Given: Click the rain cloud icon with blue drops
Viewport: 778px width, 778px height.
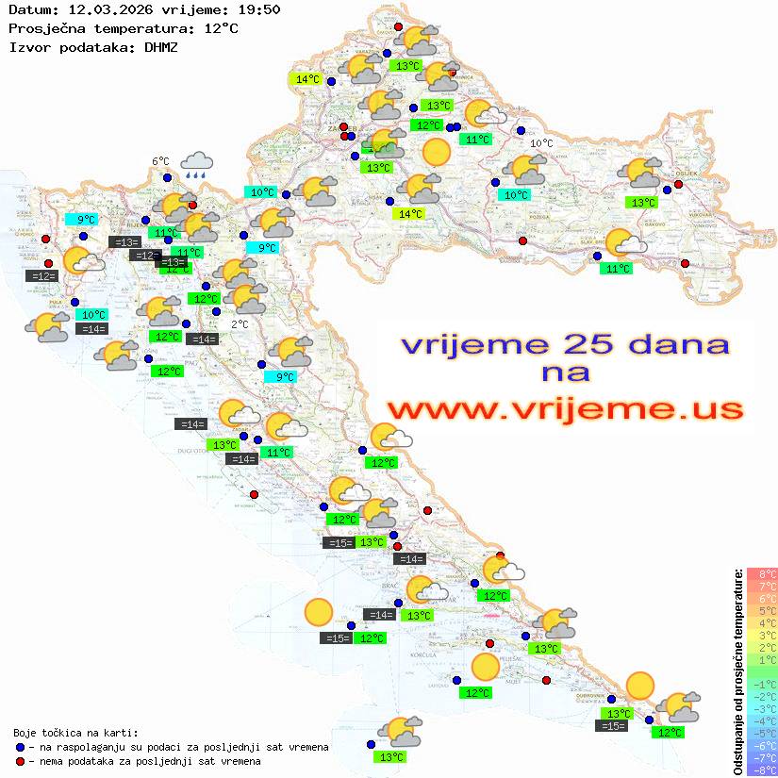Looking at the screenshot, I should point(196,165).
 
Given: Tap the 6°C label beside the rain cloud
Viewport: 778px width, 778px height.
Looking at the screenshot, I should point(160,161).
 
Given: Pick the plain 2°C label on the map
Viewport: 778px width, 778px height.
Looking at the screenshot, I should point(240,323).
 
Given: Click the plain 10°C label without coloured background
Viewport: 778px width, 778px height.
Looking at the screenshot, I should point(541,143).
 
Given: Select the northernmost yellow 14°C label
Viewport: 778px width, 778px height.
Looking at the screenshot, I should point(307,79).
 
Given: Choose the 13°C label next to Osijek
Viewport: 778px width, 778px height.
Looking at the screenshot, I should point(643,203).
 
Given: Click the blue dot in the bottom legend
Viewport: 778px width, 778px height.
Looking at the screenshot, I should point(20,747).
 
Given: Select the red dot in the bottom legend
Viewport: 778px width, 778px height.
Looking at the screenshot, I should point(20,761).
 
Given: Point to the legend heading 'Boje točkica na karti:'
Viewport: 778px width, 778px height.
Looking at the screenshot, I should point(75,732).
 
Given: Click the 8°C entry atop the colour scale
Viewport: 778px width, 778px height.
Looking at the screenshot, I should point(762,574).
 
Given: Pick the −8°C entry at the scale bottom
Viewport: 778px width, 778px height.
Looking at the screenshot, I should point(762,770).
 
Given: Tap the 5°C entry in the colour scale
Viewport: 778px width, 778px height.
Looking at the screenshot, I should point(762,610).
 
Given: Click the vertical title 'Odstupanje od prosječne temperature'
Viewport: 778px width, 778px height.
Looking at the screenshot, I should point(737,671).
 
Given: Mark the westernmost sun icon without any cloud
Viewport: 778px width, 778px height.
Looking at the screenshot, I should point(319,613).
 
